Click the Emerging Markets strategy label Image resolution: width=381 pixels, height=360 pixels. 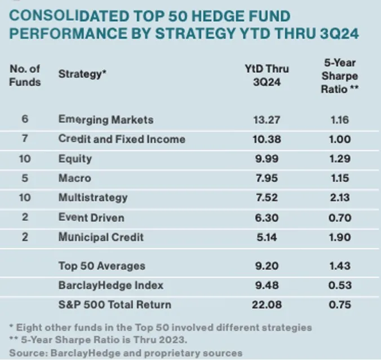106,120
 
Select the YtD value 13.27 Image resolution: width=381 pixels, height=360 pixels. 267,120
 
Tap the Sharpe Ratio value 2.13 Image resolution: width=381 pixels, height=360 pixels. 340,197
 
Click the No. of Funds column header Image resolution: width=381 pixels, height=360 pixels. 25,75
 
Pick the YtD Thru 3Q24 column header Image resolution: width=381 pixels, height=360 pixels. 267,74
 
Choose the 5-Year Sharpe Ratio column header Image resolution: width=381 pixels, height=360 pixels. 340,74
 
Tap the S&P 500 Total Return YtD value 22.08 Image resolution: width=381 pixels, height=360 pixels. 267,305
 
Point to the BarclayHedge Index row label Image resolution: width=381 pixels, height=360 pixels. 111,285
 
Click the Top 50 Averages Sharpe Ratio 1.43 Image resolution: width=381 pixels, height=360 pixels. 340,266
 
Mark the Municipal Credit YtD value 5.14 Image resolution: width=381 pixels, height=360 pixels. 267,237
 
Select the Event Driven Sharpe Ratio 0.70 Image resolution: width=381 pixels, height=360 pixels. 340,217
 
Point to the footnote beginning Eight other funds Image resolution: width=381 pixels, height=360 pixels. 161,327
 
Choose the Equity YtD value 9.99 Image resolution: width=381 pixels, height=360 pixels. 267,159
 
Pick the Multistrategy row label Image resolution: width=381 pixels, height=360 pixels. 93,197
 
